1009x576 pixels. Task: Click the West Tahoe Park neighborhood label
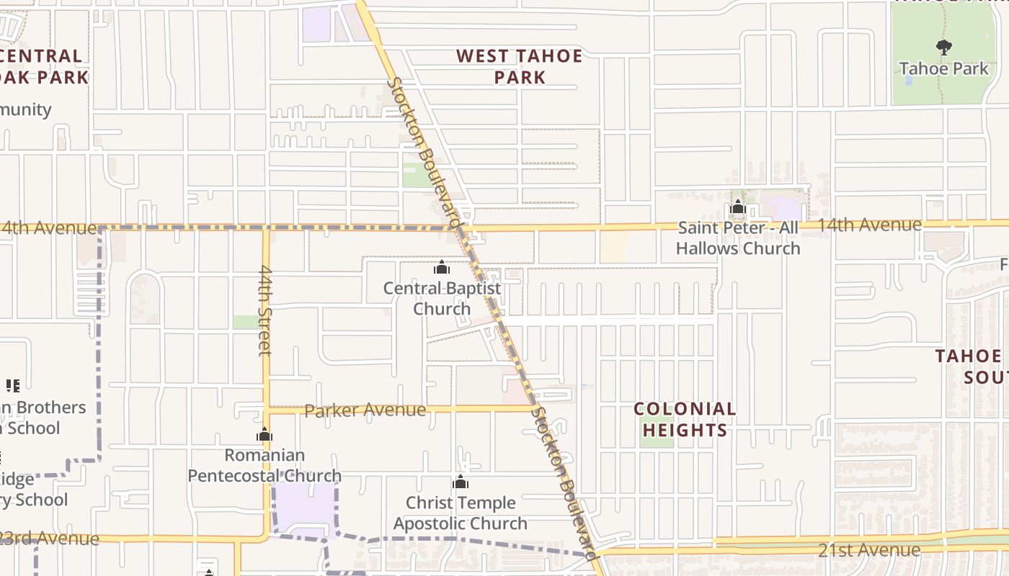pyautogui.click(x=520, y=66)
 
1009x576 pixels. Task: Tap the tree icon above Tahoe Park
pyautogui.click(x=943, y=48)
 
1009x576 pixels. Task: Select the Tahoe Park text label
pyautogui.click(x=944, y=69)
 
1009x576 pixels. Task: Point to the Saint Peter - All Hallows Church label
pyautogui.click(x=738, y=238)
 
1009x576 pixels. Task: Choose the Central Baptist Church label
pyautogui.click(x=442, y=298)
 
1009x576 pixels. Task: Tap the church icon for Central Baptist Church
pyautogui.click(x=442, y=269)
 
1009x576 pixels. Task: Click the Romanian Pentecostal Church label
pyautogui.click(x=265, y=465)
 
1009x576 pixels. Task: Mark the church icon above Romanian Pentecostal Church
pyautogui.click(x=265, y=435)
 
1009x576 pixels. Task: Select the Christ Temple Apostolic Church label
pyautogui.click(x=461, y=513)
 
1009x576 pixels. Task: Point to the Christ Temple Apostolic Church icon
pyautogui.click(x=461, y=482)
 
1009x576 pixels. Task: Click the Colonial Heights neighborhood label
pyautogui.click(x=685, y=419)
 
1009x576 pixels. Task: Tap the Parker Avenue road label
pyautogui.click(x=365, y=410)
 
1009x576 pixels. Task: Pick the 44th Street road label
pyautogui.click(x=265, y=310)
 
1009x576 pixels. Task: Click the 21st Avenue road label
pyautogui.click(x=868, y=550)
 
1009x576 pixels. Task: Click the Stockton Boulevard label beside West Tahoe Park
pyautogui.click(x=423, y=153)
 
